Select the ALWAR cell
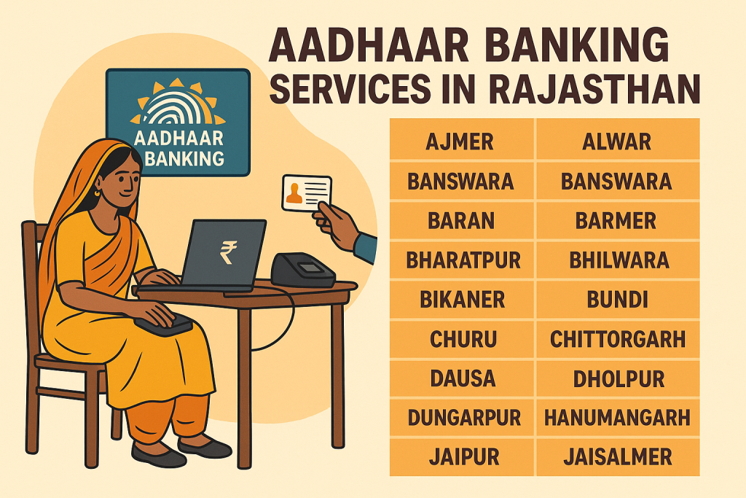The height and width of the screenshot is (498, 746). click(x=616, y=141)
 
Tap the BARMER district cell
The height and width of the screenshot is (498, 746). click(x=616, y=219)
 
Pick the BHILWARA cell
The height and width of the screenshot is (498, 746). click(x=616, y=259)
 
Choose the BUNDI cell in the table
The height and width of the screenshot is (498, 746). click(x=616, y=299)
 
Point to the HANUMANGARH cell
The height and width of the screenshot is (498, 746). click(x=616, y=418)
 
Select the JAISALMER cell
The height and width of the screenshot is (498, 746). click(x=617, y=457)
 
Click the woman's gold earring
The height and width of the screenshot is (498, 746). click(x=97, y=193)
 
